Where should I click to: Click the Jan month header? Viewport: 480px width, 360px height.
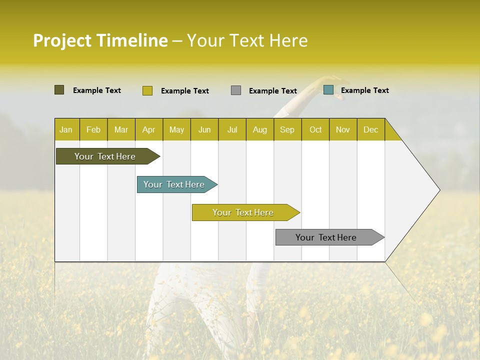(66, 129)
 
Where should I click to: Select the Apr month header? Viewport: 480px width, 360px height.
(149, 129)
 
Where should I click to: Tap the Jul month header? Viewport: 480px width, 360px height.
(232, 129)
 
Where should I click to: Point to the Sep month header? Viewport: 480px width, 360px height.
(287, 129)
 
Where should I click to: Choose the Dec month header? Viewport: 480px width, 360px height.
(370, 129)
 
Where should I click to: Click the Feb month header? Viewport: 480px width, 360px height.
(93, 129)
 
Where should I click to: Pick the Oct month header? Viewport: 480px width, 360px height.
(315, 129)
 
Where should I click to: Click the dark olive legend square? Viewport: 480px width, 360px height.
(59, 90)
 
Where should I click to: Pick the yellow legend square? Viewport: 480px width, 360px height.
(147, 90)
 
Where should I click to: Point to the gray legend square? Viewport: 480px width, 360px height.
(236, 90)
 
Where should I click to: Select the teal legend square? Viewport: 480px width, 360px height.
(328, 90)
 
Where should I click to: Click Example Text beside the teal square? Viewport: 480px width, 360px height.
(364, 90)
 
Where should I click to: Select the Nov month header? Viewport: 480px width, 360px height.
(343, 129)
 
